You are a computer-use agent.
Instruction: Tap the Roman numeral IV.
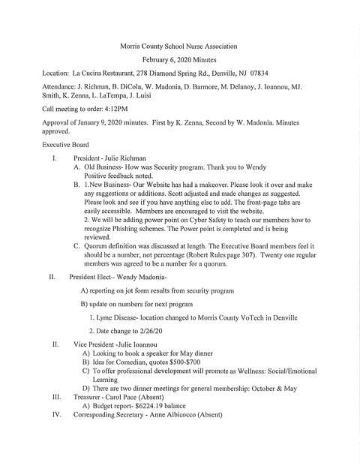[x=52, y=416]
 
